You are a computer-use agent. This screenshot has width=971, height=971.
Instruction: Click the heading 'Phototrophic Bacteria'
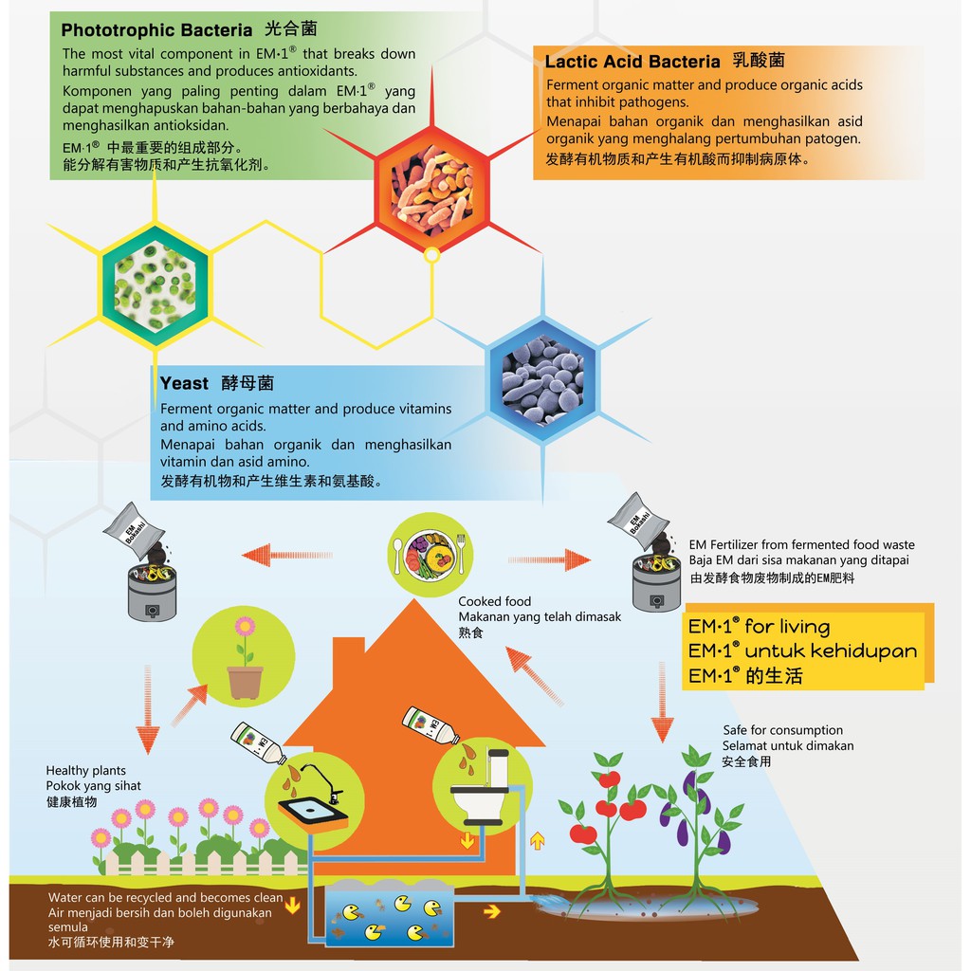tap(156, 30)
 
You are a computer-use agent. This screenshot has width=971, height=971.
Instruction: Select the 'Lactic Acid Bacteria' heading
tap(632, 62)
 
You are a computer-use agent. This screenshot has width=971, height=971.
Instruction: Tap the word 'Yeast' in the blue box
tap(185, 383)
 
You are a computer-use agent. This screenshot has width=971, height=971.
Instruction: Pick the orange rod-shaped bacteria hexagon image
tap(432, 190)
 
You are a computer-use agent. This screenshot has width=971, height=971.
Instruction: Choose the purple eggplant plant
tap(700, 815)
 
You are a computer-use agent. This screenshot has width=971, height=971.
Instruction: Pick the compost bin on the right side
tap(656, 580)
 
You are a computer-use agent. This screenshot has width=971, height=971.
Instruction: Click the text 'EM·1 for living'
tap(759, 627)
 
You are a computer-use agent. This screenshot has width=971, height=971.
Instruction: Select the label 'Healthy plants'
tap(85, 771)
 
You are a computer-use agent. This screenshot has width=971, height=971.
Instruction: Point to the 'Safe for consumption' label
tap(782, 730)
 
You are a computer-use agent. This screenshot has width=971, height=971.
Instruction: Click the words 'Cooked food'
tap(494, 601)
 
